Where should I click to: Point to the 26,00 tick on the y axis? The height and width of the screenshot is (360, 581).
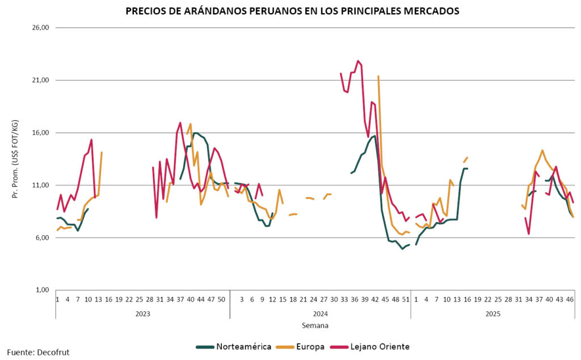point(43,27)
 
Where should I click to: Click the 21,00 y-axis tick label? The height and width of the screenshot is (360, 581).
point(43,80)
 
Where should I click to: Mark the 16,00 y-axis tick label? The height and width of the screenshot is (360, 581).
point(43,133)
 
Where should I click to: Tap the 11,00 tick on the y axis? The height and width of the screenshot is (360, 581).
point(43,185)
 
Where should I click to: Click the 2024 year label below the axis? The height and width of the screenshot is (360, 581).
point(320,313)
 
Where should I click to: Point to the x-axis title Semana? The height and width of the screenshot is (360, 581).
point(315,326)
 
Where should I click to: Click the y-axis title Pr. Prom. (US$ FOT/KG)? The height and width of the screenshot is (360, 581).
point(15,159)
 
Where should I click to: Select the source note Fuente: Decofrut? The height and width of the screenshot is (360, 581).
point(38,352)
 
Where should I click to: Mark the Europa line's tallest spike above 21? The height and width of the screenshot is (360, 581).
point(378,76)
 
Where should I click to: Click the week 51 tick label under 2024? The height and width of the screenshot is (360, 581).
point(406,299)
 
